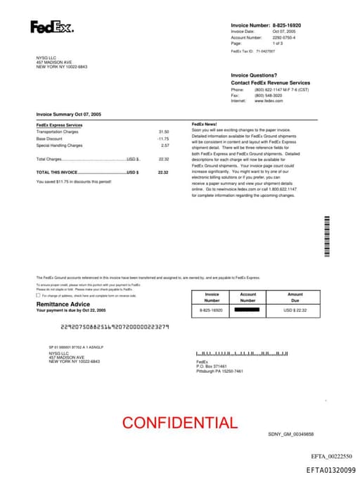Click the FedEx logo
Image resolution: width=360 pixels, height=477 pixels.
[x=51, y=27]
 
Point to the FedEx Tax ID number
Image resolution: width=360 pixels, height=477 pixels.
[x=266, y=51]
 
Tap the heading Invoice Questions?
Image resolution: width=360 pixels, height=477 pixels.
[x=254, y=75]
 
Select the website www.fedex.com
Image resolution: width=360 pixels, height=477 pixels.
[x=269, y=101]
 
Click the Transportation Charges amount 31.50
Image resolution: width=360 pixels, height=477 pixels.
[x=164, y=132]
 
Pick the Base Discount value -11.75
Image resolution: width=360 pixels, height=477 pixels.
[x=163, y=139]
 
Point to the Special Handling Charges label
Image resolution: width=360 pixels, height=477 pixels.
[x=59, y=146]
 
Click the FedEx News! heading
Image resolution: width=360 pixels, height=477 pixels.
[x=205, y=125]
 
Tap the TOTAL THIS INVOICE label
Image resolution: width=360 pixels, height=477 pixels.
[x=57, y=172]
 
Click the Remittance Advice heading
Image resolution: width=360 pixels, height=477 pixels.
[x=63, y=304]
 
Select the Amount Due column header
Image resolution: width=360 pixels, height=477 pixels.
[x=295, y=298]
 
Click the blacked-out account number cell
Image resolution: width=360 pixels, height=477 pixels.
[x=247, y=310]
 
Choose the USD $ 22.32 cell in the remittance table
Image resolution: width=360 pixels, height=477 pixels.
[x=295, y=310]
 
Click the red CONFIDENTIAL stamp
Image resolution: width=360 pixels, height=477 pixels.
[x=179, y=423]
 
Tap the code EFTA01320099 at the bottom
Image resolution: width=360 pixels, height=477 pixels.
[x=330, y=469]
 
